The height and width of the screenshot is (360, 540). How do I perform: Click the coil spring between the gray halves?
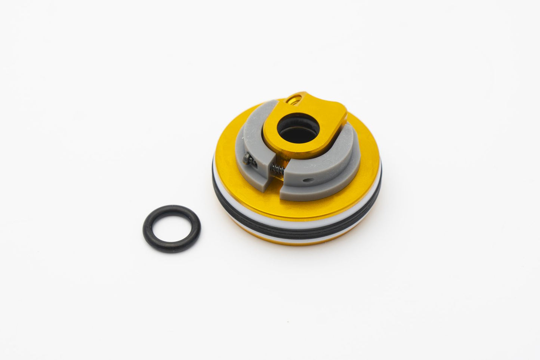[x=278, y=170]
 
